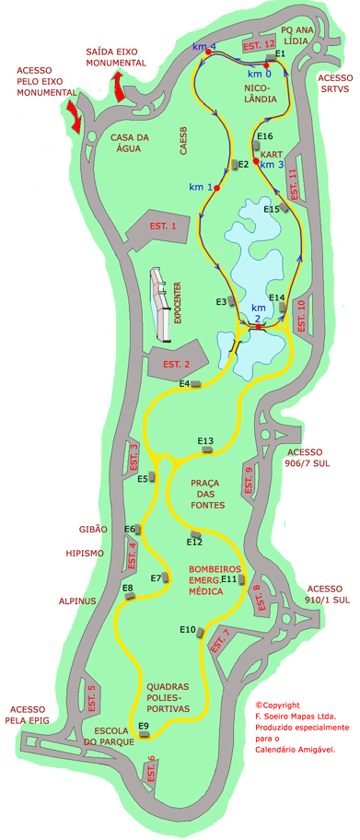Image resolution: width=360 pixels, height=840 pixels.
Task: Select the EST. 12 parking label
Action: point(258,44)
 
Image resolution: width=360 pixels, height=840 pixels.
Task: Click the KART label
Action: point(271,154)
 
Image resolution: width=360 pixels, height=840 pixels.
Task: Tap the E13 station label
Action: point(205,440)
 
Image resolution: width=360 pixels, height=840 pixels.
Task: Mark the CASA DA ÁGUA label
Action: point(130,146)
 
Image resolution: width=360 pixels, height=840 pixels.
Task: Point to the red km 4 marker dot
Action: point(208,52)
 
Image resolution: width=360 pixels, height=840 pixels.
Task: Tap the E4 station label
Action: point(184,383)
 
